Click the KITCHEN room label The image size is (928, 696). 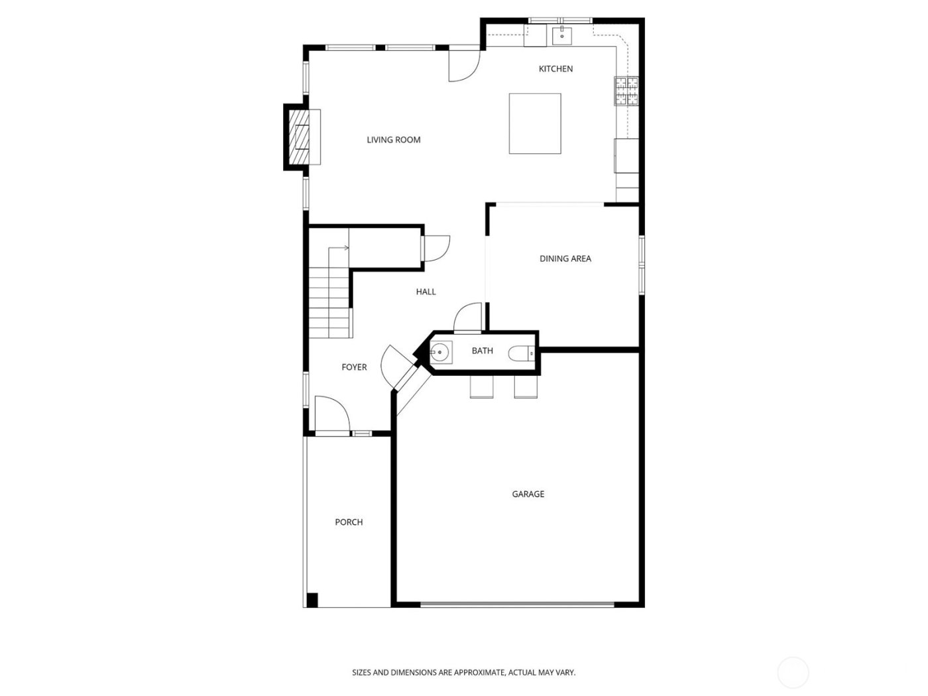tap(555, 69)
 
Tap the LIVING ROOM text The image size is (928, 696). tap(394, 140)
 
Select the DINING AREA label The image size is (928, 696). tap(565, 259)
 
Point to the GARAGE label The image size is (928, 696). tap(528, 494)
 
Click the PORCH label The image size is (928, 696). tap(349, 522)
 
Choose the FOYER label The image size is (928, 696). tap(354, 367)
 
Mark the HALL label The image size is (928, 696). tap(426, 292)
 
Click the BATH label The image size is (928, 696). tap(482, 351)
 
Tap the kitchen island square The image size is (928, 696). tap(535, 123)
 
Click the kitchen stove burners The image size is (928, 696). tap(627, 91)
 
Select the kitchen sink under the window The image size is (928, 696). tap(562, 35)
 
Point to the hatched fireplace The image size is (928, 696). tap(302, 137)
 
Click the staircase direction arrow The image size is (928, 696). tap(342, 248)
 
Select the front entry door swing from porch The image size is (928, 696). tap(331, 415)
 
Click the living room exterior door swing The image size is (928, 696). tap(463, 65)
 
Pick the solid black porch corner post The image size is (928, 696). tap(312, 600)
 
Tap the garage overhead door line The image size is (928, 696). tap(517, 604)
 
